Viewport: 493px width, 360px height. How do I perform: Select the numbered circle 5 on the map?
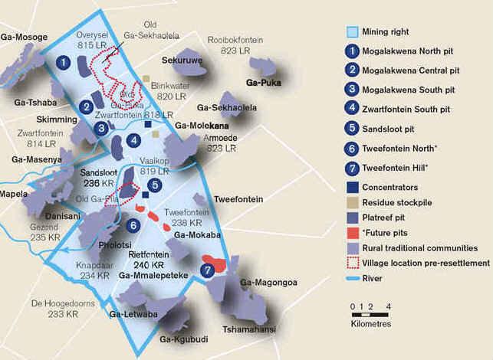click(154, 185)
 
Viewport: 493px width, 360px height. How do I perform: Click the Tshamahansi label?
click(248, 329)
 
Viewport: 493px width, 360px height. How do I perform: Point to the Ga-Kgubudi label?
click(184, 338)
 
